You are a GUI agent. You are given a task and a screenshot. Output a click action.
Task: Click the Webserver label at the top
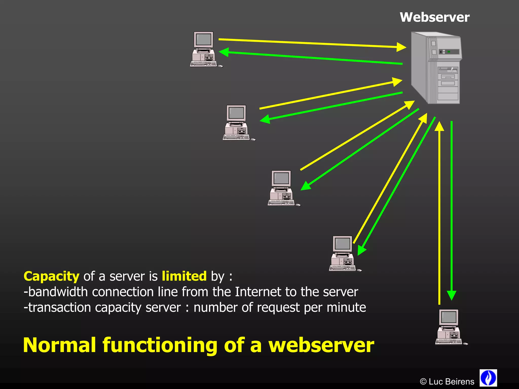pos(435,17)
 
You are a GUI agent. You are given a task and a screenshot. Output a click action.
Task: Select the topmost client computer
pos(204,50)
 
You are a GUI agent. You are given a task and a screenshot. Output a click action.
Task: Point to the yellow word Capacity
pos(51,276)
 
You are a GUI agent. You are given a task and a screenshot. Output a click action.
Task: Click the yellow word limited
pos(184,276)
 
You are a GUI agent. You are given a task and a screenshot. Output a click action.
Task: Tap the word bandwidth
pos(58,292)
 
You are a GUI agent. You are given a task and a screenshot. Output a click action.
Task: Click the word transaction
pos(59,308)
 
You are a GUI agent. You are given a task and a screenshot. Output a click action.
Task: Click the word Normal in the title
pos(60,345)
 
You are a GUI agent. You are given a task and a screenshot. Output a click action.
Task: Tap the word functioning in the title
pos(160,346)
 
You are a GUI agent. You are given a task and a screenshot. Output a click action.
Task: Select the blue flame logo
pos(488,378)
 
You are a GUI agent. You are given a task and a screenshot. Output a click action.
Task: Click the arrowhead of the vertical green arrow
pos(451,295)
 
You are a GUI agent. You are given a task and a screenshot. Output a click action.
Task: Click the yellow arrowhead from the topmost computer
pos(401,47)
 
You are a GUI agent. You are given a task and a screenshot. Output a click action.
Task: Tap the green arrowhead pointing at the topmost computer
pos(224,52)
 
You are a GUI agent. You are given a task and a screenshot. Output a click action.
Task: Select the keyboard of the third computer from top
pos(281,203)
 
